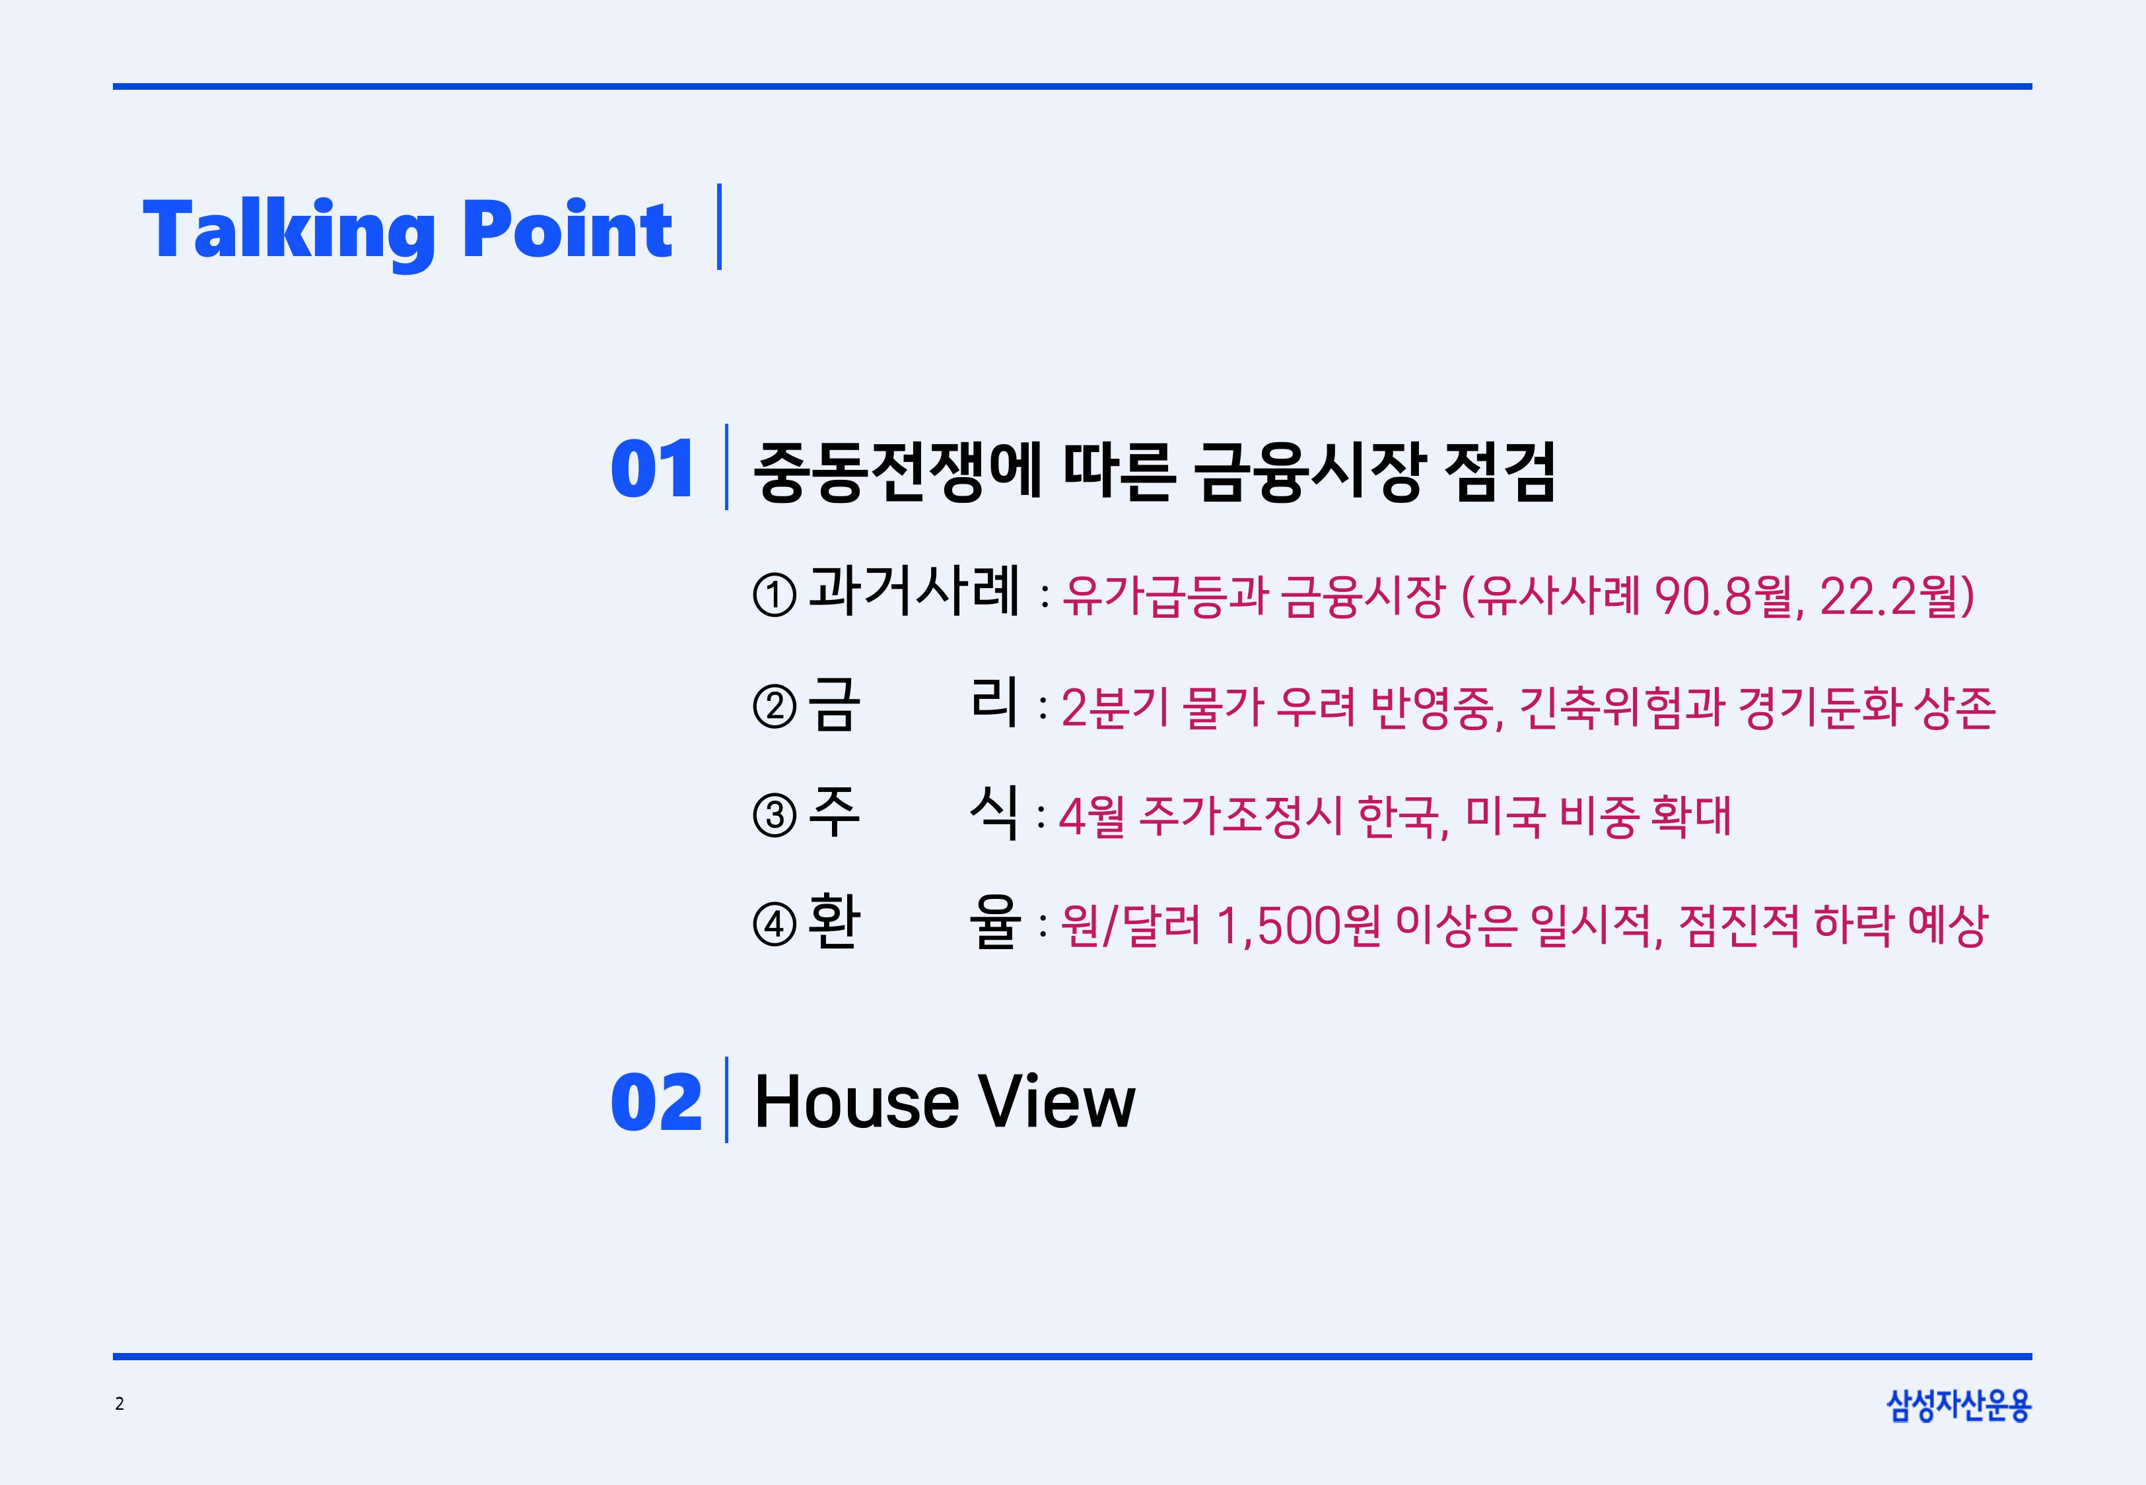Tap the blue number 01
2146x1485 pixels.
652,469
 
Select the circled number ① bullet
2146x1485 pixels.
775,595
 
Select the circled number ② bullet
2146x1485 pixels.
775,707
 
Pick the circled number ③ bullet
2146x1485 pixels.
775,816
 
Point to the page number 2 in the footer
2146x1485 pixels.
119,1404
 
